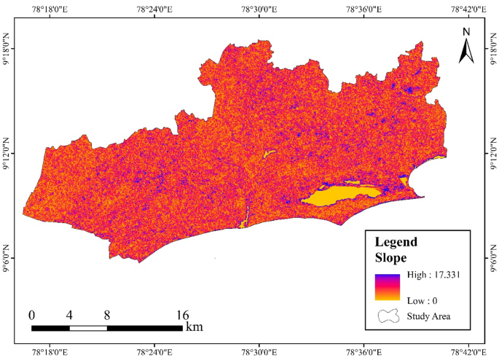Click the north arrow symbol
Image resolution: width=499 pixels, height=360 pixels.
(467, 51)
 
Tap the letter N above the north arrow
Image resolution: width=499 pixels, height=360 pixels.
(467, 31)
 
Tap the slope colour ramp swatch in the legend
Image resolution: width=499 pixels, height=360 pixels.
(388, 287)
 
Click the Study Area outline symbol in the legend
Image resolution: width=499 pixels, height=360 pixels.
(389, 316)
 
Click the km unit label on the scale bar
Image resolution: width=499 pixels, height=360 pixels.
(194, 327)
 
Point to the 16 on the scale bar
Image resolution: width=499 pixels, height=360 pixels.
(182, 315)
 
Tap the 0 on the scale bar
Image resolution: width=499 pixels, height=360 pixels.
(31, 315)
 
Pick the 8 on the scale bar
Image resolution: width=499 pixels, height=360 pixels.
(107, 315)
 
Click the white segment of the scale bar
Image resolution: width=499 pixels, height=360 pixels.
(88, 328)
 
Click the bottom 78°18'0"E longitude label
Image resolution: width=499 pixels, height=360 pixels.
(50, 353)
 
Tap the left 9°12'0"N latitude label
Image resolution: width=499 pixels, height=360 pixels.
(7, 154)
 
